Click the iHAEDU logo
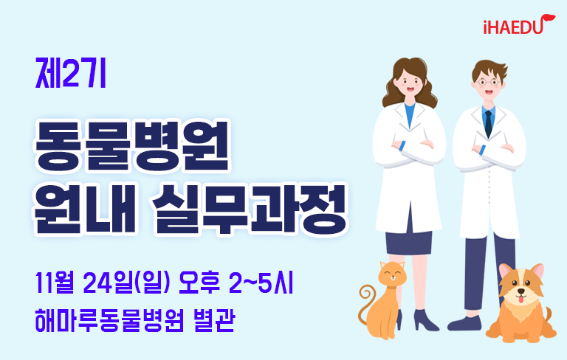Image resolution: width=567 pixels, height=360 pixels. click(x=519, y=24)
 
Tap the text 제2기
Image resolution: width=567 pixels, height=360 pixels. click(x=71, y=73)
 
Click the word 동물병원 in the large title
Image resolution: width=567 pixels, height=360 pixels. click(x=132, y=145)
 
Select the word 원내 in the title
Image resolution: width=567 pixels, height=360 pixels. click(x=84, y=209)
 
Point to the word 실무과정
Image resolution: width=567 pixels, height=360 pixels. click(x=250, y=209)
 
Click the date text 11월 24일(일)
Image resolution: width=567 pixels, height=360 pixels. click(x=103, y=283)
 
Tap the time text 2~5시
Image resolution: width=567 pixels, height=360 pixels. click(x=261, y=283)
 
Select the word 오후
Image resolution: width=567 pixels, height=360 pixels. click(x=199, y=283)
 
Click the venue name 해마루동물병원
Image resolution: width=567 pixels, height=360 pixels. click(x=109, y=320)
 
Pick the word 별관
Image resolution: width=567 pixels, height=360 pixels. click(x=214, y=320)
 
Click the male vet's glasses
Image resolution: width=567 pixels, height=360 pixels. click(x=489, y=83)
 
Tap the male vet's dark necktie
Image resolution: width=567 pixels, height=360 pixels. click(x=489, y=124)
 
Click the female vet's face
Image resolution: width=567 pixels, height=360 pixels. click(x=410, y=84)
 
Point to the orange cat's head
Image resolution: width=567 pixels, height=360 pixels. click(x=392, y=276)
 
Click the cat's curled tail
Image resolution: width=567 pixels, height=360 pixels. click(x=366, y=303)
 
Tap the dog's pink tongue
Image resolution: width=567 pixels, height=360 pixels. click(x=520, y=299)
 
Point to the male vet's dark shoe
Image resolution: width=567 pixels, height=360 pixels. click(x=464, y=324)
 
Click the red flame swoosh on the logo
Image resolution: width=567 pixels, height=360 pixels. click(x=548, y=19)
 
